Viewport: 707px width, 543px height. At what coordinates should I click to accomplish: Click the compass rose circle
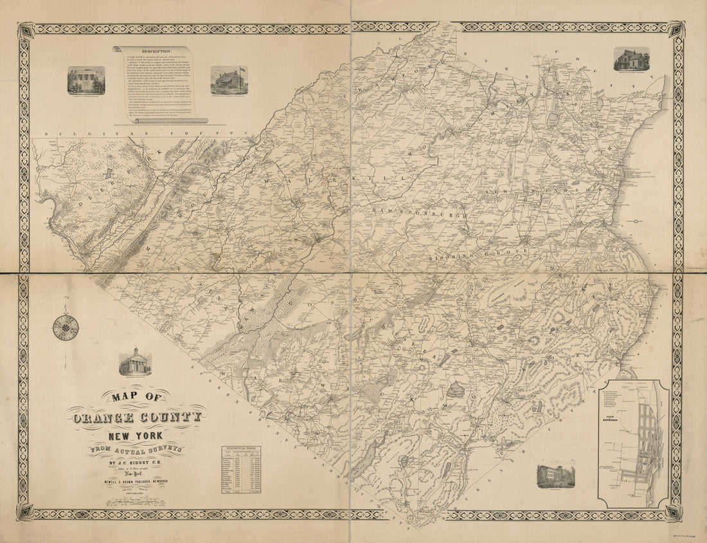(x=66, y=327)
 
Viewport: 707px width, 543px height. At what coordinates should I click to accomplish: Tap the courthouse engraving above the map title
(x=135, y=362)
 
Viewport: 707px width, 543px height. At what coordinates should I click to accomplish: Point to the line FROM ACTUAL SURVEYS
(x=135, y=450)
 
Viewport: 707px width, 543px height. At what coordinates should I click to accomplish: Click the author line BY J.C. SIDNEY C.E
(x=135, y=461)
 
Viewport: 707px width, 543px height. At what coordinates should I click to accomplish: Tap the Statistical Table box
(x=241, y=469)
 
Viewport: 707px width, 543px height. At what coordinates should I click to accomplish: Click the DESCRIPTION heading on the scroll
(x=152, y=50)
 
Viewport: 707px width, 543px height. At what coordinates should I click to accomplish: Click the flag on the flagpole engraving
(x=240, y=69)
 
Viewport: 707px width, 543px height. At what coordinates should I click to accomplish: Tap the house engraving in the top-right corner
(x=631, y=59)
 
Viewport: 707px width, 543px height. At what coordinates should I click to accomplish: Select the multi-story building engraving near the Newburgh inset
(x=555, y=475)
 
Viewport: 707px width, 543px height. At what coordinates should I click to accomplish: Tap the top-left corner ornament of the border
(x=26, y=30)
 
